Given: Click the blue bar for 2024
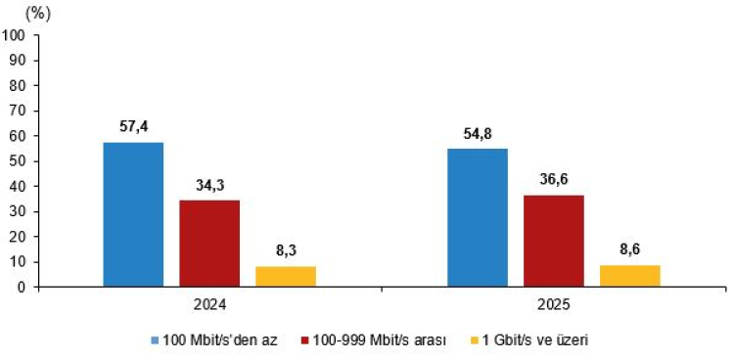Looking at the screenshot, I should point(133,214).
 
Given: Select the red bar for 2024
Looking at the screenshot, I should point(209,244).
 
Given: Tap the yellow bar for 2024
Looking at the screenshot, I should point(286,276).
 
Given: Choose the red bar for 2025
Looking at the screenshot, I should point(554,241).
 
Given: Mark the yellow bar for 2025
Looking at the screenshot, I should point(630,276).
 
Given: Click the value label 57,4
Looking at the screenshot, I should point(133,127).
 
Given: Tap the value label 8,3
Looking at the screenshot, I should point(286,251).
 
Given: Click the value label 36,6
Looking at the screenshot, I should point(554,180).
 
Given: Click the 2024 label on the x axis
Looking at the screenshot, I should point(209,304).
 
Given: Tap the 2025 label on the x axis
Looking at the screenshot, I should point(554,304).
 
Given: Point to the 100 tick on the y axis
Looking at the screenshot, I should point(15,35).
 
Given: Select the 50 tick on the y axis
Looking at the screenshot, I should point(19,161).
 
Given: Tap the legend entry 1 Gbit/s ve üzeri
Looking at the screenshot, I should point(534,339).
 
